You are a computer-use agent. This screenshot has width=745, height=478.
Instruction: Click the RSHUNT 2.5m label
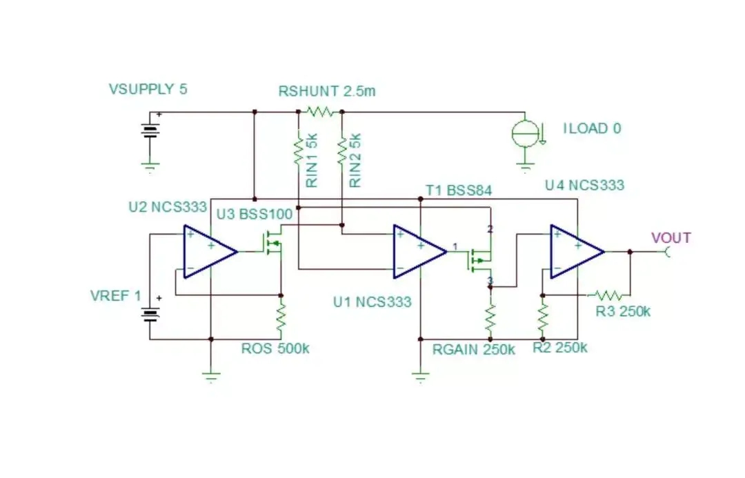tap(326, 91)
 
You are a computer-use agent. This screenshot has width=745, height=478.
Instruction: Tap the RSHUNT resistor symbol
tap(320, 110)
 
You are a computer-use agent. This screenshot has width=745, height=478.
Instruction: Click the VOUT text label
tap(670, 238)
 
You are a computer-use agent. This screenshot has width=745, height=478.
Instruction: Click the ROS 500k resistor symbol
tap(281, 318)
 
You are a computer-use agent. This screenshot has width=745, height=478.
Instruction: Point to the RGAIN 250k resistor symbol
tap(490, 318)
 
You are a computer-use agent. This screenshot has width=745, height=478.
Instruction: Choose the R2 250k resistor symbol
tap(543, 318)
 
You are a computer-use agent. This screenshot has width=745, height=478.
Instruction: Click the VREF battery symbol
tap(150, 315)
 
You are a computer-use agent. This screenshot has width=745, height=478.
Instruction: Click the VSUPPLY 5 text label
tap(148, 89)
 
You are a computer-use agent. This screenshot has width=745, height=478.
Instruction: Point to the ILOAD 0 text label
tap(592, 128)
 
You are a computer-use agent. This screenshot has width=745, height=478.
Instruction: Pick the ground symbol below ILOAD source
tap(525, 166)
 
